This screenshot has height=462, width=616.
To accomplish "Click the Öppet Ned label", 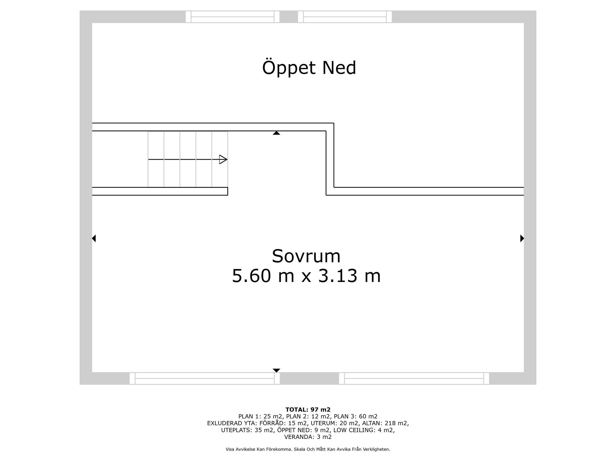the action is [309, 68].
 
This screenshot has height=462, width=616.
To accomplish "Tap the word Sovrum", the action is [306, 256].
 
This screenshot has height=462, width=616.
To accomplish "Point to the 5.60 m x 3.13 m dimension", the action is [306, 276].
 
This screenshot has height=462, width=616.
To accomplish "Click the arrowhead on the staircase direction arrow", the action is [223, 159].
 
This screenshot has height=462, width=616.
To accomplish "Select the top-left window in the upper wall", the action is [233, 17].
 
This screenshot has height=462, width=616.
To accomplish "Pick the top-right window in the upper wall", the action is [345, 17].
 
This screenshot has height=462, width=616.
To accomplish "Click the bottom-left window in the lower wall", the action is [205, 378].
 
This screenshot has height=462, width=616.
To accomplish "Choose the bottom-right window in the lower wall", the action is [414, 378].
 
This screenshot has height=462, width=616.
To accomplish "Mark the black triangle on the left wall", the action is [94, 238].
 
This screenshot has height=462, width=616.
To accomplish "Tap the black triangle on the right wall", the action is [522, 238].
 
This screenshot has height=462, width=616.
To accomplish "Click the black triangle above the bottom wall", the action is [276, 370].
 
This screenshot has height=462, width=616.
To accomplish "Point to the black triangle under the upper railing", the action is [276, 133].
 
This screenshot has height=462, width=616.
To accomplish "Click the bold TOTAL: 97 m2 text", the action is [308, 410].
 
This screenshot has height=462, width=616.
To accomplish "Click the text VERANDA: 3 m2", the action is [308, 437].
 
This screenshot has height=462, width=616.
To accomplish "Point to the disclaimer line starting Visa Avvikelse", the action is [308, 449].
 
